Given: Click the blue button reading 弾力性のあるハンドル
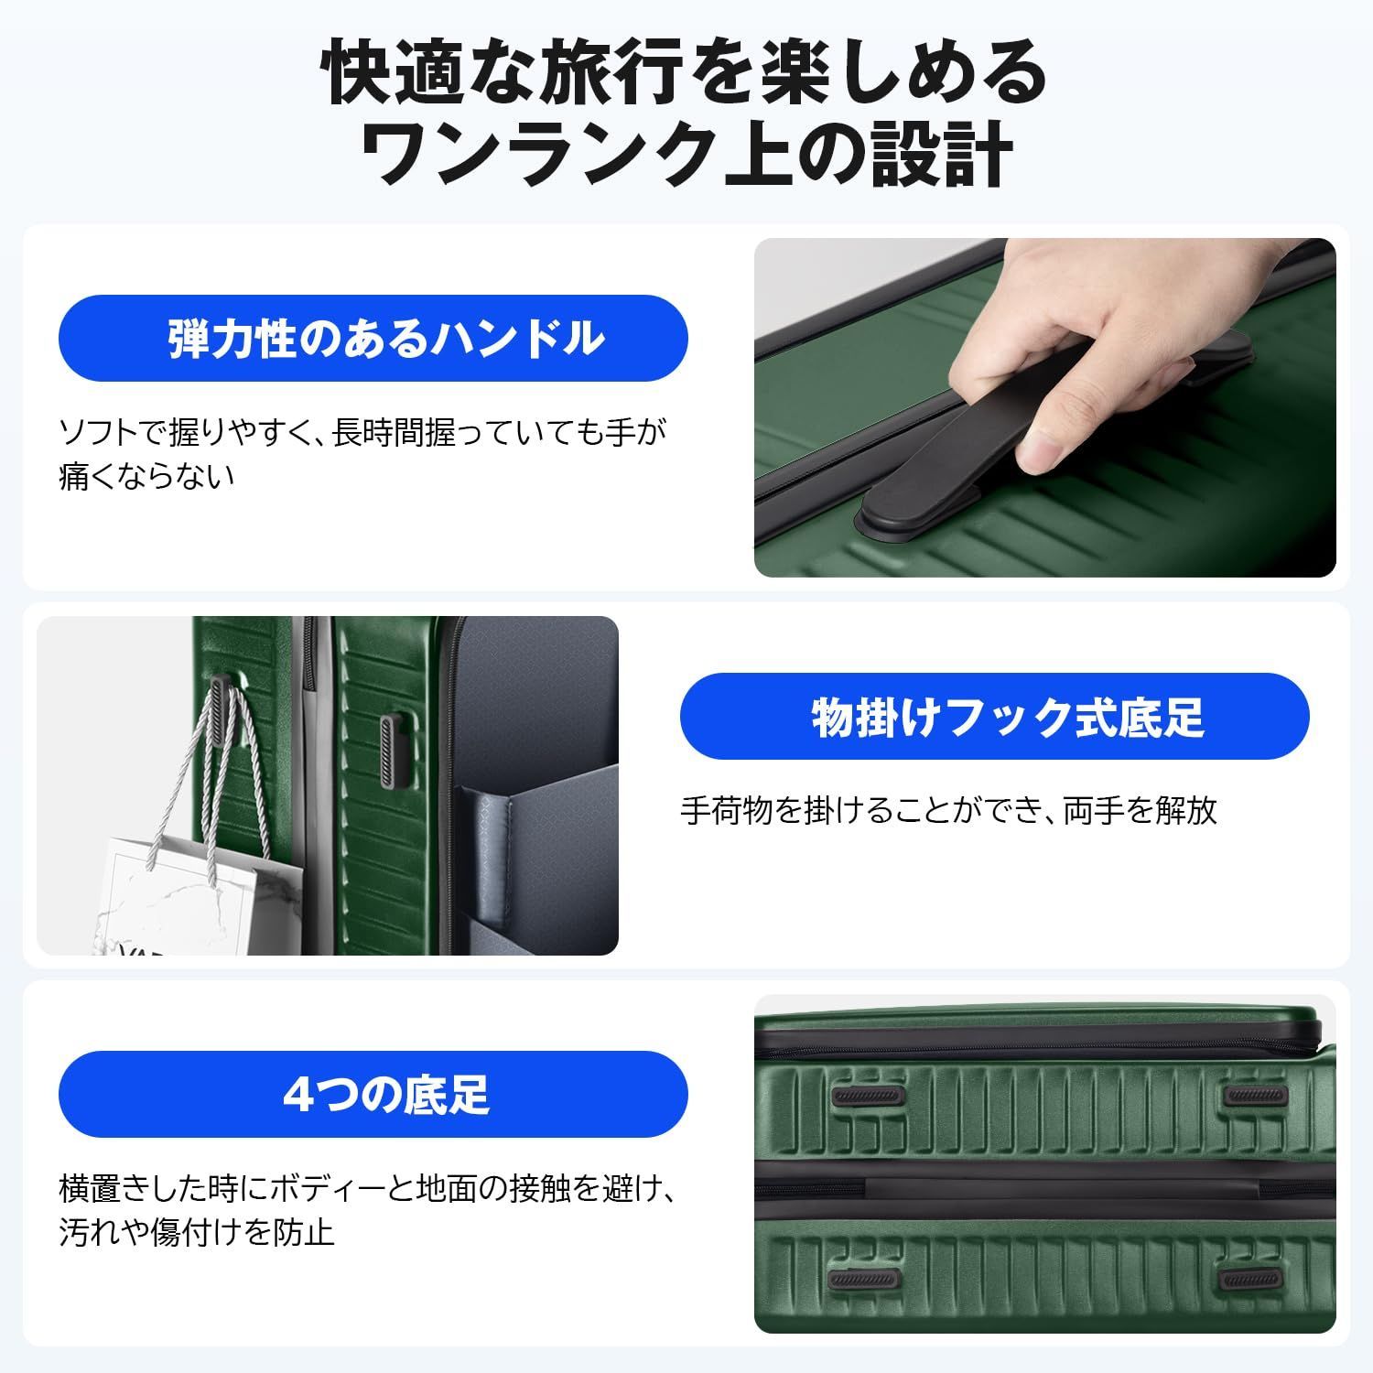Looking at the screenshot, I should pyautogui.click(x=373, y=339).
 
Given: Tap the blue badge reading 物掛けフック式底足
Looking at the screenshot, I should pyautogui.click(x=994, y=717).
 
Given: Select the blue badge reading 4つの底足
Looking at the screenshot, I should pyautogui.click(x=373, y=1094).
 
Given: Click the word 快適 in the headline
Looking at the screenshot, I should pyautogui.click(x=376, y=73).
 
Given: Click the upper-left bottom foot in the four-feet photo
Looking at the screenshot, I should pyautogui.click(x=866, y=1095).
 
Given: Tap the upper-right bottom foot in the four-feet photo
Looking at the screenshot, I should pyautogui.click(x=1256, y=1095).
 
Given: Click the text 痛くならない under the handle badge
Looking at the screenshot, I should pyautogui.click(x=146, y=478).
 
